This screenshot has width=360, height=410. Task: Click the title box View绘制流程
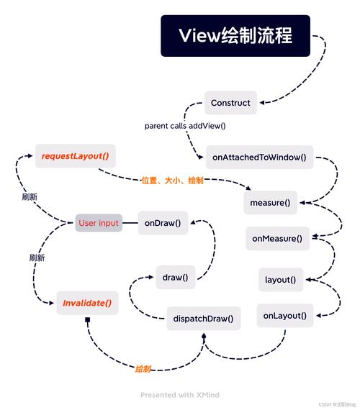click(x=235, y=36)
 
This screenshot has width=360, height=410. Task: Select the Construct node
click(x=230, y=103)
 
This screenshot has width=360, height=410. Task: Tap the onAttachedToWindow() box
click(x=260, y=156)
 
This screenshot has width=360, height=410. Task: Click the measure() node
click(x=270, y=202)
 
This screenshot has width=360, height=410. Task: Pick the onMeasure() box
click(x=276, y=237)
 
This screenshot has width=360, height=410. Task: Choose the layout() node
click(x=280, y=279)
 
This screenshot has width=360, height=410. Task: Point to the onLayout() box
click(x=284, y=315)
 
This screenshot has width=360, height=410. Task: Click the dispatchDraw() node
click(x=204, y=318)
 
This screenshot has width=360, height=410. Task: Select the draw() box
click(x=175, y=277)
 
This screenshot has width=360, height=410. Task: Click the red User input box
click(x=99, y=223)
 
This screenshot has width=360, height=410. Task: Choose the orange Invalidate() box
click(x=86, y=303)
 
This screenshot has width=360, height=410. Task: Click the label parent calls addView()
click(x=185, y=126)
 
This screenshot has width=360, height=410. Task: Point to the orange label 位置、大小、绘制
click(x=172, y=181)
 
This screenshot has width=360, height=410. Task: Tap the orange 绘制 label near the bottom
click(x=143, y=368)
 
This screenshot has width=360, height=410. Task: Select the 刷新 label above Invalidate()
click(x=37, y=257)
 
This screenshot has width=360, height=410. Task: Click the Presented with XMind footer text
click(x=179, y=395)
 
